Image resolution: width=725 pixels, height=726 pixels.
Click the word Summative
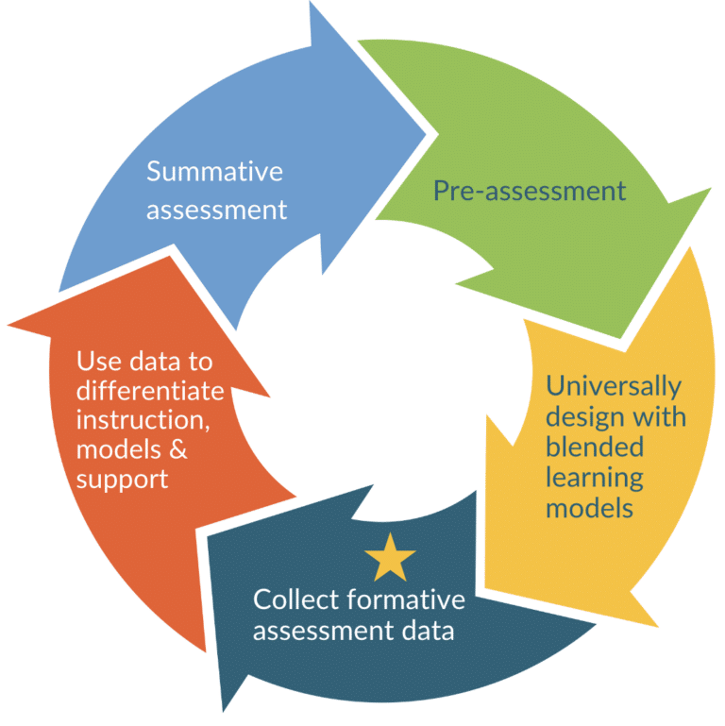pos(214,173)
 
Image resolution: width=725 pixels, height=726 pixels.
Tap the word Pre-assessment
pos(529,192)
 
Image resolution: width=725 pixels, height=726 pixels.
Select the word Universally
pos(614,386)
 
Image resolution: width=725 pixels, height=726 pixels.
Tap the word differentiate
pos(150,391)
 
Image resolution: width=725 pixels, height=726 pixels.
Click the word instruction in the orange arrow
pos(133,420)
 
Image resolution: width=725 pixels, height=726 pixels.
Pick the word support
pos(122,480)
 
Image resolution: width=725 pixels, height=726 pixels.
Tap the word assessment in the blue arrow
pos(216,209)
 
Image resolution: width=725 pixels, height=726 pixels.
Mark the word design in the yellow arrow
pos(587,416)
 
